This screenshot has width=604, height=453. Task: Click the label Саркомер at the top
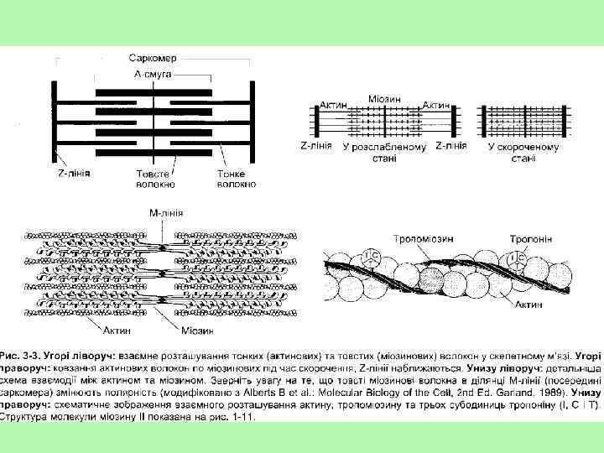pos(152,59)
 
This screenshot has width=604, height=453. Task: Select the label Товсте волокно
pos(155,179)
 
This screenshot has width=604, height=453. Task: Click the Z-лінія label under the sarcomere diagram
pos(74,173)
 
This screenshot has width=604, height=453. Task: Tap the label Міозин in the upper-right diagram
pos(384,98)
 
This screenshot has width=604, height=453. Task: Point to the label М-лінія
pos(166,214)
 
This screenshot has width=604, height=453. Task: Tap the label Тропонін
pos(530,238)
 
